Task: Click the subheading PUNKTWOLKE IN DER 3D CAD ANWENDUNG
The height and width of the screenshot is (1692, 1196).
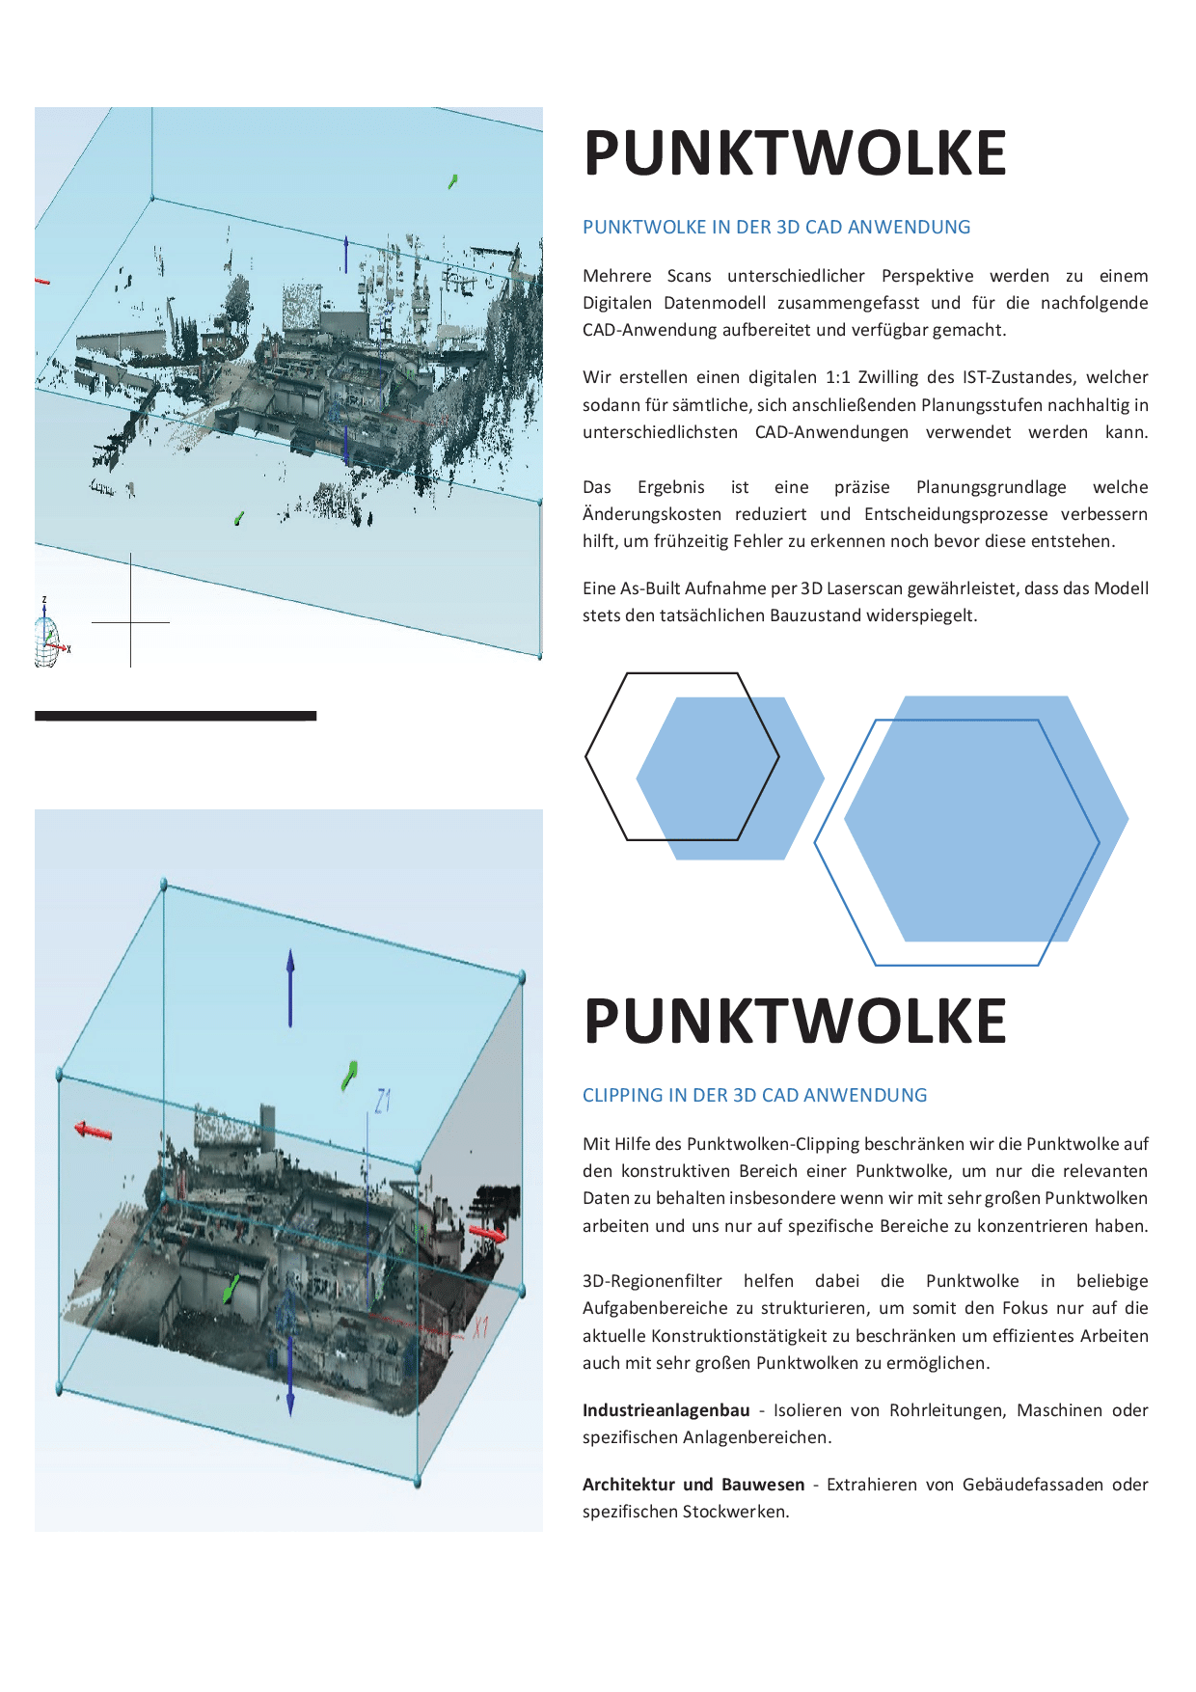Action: pos(775,228)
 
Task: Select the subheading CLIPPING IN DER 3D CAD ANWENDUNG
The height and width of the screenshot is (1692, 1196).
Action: pos(753,1096)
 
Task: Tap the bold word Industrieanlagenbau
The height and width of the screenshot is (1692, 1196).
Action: pos(666,1410)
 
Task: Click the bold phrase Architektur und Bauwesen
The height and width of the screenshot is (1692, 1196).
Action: pos(693,1485)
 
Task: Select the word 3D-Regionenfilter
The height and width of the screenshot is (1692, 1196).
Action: pos(652,1281)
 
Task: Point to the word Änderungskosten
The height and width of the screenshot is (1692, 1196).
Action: pos(651,514)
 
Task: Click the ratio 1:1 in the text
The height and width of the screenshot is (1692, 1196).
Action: pos(837,377)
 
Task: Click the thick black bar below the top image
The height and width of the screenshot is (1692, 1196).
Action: pos(176,716)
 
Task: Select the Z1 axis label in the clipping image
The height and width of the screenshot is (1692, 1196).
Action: pos(383,1101)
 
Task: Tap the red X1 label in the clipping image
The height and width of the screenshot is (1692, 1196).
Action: pos(480,1328)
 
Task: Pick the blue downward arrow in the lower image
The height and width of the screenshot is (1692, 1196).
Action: pos(290,1385)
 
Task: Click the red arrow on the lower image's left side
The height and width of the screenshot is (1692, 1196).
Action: pos(94,1130)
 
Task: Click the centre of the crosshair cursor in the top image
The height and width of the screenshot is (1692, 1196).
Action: pos(130,622)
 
